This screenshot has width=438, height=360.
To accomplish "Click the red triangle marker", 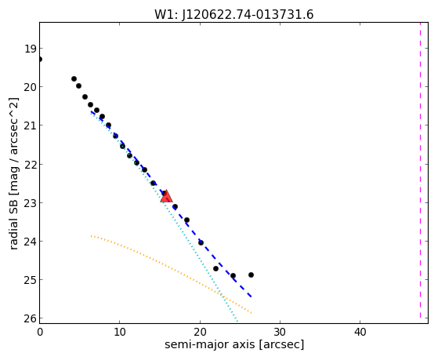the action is click(166, 196).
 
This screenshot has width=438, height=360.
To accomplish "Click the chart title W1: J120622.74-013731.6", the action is click(234, 14).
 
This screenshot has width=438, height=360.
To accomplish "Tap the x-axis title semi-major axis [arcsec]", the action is click(234, 344).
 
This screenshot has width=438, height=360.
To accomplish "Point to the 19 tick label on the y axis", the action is click(31, 49).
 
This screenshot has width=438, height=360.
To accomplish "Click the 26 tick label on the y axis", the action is click(31, 318).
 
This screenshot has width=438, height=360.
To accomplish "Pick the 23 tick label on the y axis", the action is click(31, 203).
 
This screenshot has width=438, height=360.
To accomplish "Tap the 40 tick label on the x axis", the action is click(360, 332).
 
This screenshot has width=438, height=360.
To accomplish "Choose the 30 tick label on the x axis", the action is click(280, 332).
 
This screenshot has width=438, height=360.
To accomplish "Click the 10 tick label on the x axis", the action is click(120, 332).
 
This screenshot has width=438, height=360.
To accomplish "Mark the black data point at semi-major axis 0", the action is click(40, 60).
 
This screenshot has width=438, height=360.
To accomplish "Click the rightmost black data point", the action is click(251, 275).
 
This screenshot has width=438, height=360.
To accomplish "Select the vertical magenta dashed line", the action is click(421, 170).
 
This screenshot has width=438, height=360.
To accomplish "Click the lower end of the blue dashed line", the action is click(252, 296).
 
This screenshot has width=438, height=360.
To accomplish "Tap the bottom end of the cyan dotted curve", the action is click(237, 322).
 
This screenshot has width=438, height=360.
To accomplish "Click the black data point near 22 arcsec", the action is click(215, 268).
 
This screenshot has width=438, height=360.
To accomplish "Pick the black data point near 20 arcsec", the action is click(201, 242).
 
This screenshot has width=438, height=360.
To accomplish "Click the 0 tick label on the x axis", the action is click(40, 332).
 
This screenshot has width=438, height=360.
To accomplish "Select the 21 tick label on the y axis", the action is click(31, 125).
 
